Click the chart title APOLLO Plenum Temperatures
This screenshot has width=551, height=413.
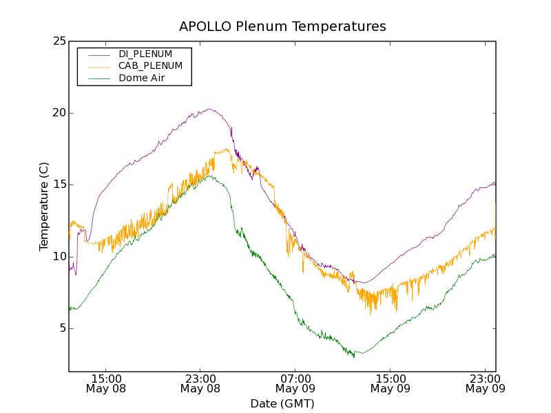click(x=282, y=27)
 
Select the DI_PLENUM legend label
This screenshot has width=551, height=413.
click(x=145, y=54)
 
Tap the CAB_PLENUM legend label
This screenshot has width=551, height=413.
click(x=150, y=66)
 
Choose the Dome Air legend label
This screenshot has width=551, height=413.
click(x=142, y=78)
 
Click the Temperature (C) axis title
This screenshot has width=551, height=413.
click(x=44, y=206)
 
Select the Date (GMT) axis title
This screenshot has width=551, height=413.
click(x=282, y=403)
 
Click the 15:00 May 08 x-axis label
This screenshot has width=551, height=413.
click(x=106, y=383)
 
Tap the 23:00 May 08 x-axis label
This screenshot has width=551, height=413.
click(x=200, y=383)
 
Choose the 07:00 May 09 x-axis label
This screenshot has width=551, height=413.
click(x=295, y=383)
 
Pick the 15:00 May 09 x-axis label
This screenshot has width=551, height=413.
click(x=391, y=383)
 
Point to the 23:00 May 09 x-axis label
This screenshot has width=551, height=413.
click(x=485, y=383)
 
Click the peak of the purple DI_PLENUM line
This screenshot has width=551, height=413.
click(x=209, y=109)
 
